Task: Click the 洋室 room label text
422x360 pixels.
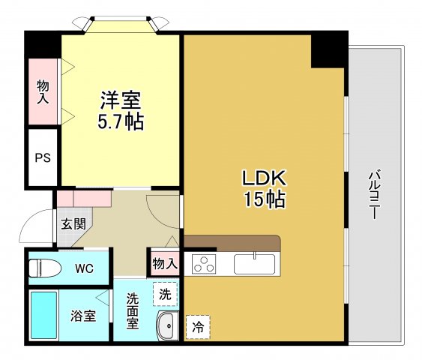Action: (x=121, y=100)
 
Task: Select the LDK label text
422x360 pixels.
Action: (x=263, y=178)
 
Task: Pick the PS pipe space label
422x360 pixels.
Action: (x=43, y=159)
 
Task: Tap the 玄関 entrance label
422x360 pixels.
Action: (x=73, y=223)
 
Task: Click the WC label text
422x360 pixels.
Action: (x=83, y=268)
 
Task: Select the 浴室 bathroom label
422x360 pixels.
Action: (x=84, y=316)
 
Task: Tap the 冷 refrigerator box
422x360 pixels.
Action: (x=198, y=326)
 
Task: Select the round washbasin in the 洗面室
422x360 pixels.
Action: (x=166, y=326)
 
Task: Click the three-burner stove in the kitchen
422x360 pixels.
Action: (x=204, y=264)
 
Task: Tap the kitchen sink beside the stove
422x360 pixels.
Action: (x=256, y=264)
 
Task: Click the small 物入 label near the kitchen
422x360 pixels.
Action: (x=164, y=263)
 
